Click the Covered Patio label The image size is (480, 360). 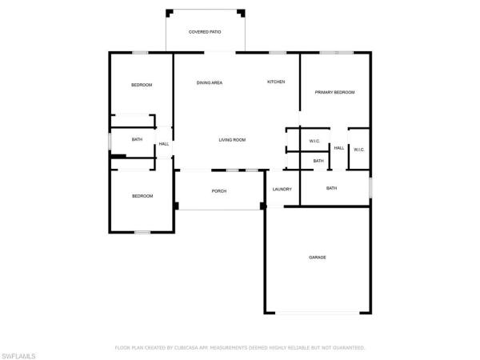[x=205, y=32]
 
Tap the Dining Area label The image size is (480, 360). [x=210, y=82]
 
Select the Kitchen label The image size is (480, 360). [x=276, y=82]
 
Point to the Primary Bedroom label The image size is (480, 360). [x=334, y=93]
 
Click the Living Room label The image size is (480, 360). [x=232, y=140]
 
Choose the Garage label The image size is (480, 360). [x=318, y=257]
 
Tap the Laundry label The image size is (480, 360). [x=282, y=190]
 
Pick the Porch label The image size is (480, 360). [x=219, y=191]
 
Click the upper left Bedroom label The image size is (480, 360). [x=142, y=85]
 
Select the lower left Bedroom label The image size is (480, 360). [x=142, y=196]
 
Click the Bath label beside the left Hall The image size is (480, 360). [x=137, y=140]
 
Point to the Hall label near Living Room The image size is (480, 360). [x=163, y=144]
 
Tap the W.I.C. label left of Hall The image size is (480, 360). [x=314, y=142]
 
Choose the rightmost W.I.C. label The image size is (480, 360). [x=359, y=149]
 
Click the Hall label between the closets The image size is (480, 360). [x=339, y=149]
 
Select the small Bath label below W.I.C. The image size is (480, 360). [x=318, y=161]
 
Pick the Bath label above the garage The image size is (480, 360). [x=331, y=188]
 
